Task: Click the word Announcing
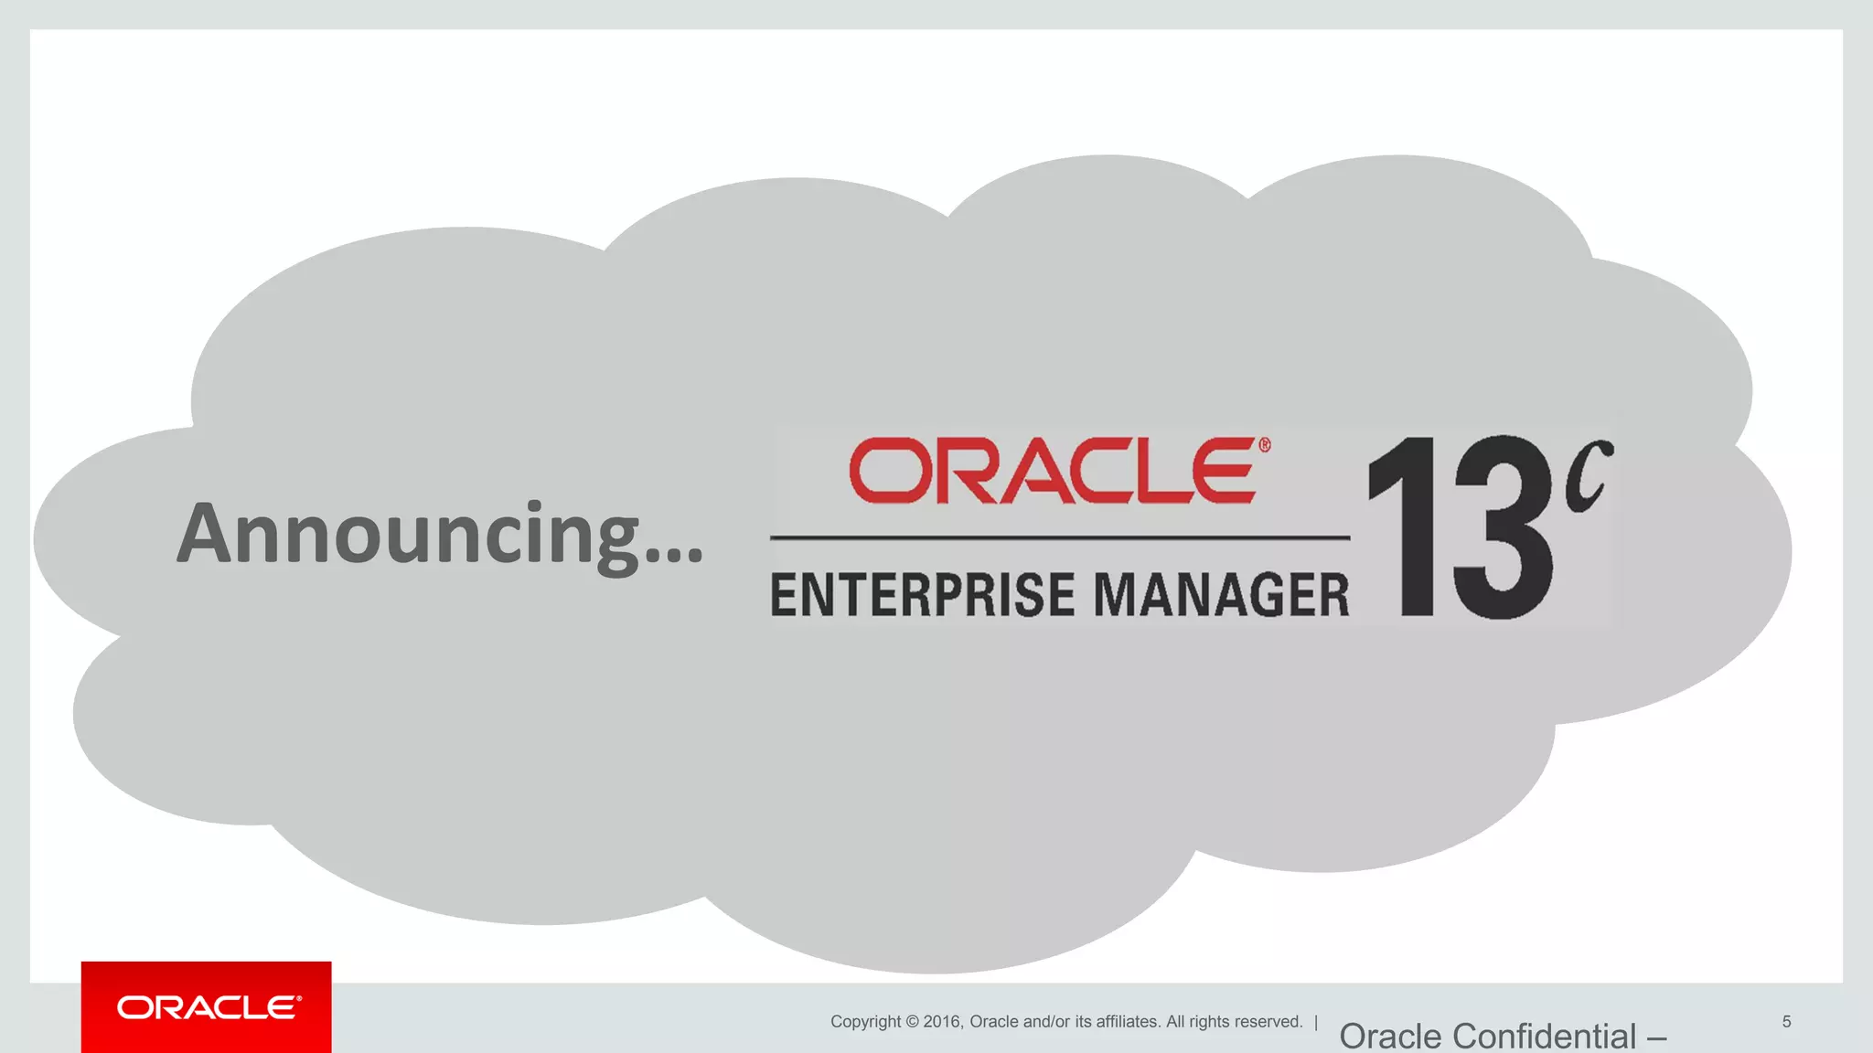click(408, 535)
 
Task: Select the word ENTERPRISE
click(924, 595)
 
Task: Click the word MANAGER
click(1222, 595)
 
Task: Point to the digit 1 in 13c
click(1405, 527)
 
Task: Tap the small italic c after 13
click(1589, 476)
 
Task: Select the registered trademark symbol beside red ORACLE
click(1265, 445)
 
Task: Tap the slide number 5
click(1786, 1022)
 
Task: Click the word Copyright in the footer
click(865, 1022)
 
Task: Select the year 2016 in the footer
click(942, 1022)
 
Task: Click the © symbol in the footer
click(912, 1022)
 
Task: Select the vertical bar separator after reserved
click(1316, 1022)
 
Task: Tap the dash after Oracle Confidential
click(1656, 1038)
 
